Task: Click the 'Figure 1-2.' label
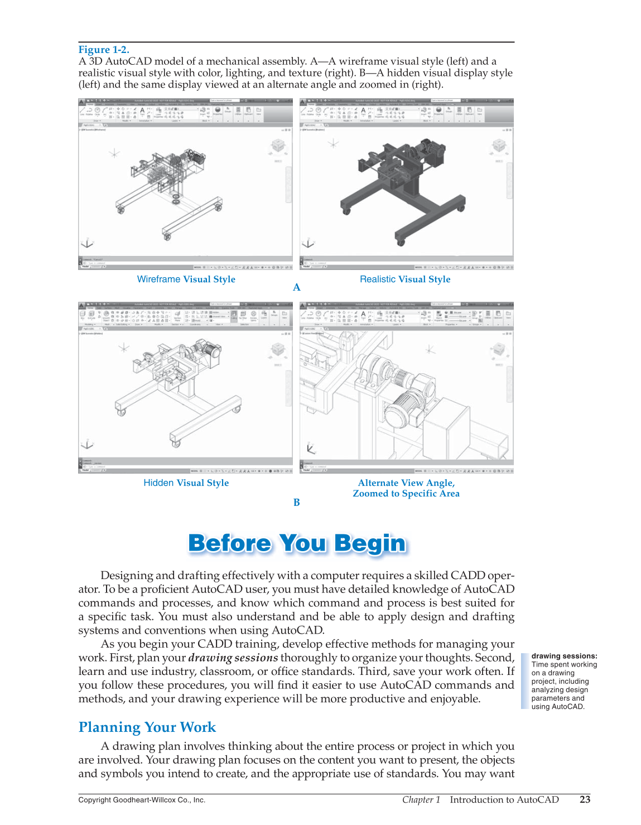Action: (x=104, y=50)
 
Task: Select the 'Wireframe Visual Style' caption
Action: (x=186, y=279)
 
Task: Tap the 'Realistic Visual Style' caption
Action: (x=405, y=279)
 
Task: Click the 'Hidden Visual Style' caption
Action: (x=186, y=483)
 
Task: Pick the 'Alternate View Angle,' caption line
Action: (x=406, y=483)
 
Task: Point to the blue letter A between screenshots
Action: (x=297, y=287)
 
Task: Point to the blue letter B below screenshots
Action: (x=297, y=502)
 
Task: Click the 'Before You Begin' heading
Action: (x=297, y=543)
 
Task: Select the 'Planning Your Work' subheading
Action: (x=147, y=727)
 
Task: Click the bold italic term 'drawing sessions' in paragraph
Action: (x=233, y=658)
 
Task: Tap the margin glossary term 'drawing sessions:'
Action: (x=564, y=656)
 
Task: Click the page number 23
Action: (x=585, y=799)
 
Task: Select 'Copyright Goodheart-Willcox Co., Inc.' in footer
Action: (x=142, y=800)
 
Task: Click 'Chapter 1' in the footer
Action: (x=421, y=799)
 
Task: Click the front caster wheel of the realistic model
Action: (x=401, y=242)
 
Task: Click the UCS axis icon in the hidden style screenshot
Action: (x=87, y=445)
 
